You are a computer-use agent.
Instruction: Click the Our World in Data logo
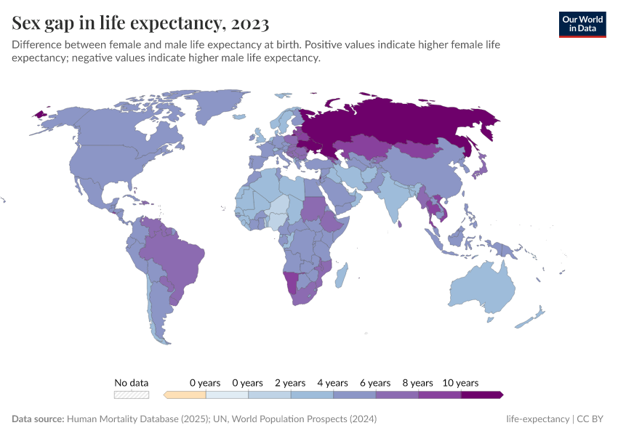tap(582, 23)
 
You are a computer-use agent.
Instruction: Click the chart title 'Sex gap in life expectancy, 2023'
tap(140, 24)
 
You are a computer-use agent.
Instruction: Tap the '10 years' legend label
tap(460, 383)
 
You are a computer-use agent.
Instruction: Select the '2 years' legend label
tap(290, 383)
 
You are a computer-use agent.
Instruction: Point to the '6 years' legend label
tap(375, 383)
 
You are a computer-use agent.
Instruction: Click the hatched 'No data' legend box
tap(132, 395)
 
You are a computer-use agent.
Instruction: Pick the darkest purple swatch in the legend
tap(481, 395)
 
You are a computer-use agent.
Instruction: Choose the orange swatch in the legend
tap(185, 395)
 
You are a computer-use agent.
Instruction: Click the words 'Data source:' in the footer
tap(38, 419)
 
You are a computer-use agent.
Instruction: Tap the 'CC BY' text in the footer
tap(593, 419)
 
